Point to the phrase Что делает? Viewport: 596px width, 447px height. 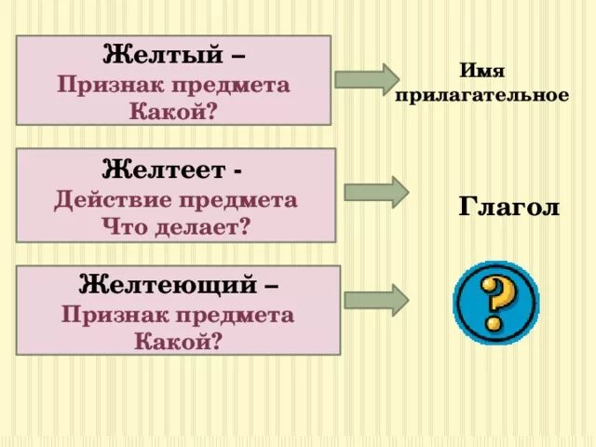[x=176, y=224]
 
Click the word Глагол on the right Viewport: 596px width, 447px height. [x=509, y=207]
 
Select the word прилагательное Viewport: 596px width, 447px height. [x=481, y=96]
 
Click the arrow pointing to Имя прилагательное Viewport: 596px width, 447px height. [x=366, y=77]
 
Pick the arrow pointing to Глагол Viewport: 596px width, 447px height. [x=376, y=191]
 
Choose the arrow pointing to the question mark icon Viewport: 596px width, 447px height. [x=376, y=299]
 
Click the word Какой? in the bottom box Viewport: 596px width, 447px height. [x=178, y=341]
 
